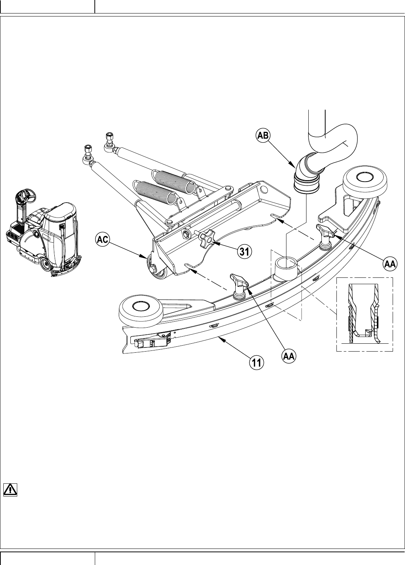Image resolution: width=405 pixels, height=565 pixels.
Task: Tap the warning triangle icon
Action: [10, 490]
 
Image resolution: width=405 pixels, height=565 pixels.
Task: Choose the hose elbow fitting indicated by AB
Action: [306, 174]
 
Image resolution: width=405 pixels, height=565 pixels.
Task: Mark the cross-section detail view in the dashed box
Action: [364, 314]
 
